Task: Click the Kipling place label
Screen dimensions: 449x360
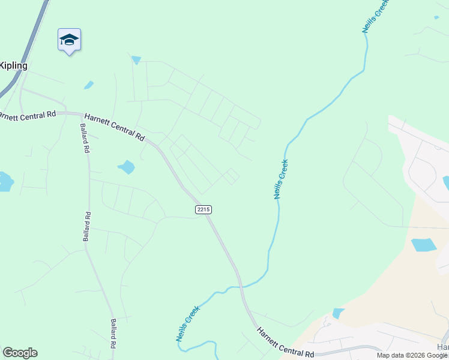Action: [13, 65]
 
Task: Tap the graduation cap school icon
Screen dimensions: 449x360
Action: [69, 40]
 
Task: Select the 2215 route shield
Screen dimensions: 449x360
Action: [203, 209]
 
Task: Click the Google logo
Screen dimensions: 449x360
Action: [20, 353]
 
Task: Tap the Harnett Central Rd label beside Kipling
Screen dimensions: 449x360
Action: [28, 114]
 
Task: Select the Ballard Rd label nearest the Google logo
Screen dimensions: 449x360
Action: [112, 334]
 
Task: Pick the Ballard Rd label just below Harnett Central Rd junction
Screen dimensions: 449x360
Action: [84, 139]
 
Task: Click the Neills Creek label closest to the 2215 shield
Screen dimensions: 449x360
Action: [280, 179]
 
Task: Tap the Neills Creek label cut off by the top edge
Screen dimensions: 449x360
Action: [375, 16]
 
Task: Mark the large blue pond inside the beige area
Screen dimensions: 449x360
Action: [424, 245]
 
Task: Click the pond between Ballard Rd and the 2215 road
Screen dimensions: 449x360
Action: [127, 167]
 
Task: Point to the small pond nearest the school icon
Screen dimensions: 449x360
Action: [89, 85]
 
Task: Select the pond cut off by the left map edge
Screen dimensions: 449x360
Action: [5, 181]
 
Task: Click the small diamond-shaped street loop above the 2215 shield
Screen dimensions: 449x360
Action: [231, 176]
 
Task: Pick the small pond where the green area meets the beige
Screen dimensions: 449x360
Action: [338, 313]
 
